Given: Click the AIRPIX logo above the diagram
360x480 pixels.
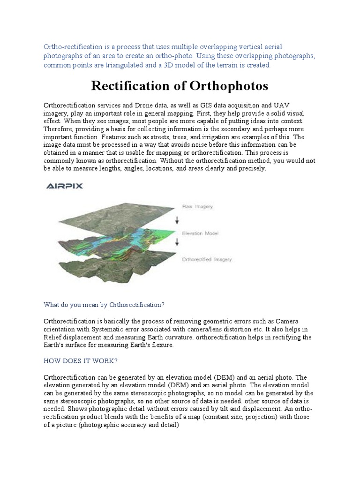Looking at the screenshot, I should [x=64, y=186].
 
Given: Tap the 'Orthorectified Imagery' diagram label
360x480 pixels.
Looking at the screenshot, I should [x=206, y=259].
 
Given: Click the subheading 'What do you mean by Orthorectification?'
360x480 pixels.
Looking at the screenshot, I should [x=104, y=305].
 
